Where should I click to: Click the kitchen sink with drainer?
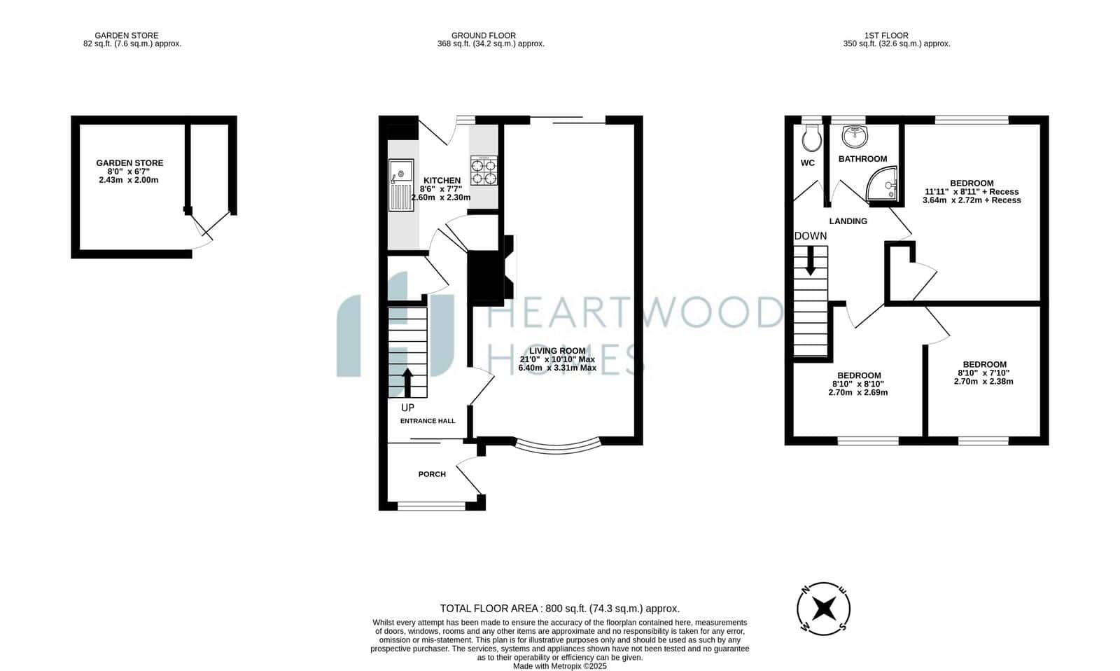[x=401, y=185]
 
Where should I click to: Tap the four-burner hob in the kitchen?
[x=484, y=171]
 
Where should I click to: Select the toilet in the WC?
[x=811, y=138]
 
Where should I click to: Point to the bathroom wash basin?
[x=855, y=136]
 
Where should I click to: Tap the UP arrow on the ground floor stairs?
[x=407, y=383]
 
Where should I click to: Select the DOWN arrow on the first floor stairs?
[x=811, y=261]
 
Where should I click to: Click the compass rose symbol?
[x=823, y=609]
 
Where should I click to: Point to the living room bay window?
[x=557, y=446]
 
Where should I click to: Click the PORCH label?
[x=432, y=474]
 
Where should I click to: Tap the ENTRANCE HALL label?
[x=428, y=421]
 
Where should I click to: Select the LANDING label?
[x=848, y=221]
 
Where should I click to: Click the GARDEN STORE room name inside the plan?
[x=129, y=163]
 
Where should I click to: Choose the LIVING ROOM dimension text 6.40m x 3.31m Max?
[x=557, y=368]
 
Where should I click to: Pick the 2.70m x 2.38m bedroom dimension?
[x=983, y=381]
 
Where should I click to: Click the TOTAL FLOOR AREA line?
[x=559, y=609]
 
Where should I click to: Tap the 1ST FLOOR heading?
[x=886, y=36]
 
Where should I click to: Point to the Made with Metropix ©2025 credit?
[x=559, y=666]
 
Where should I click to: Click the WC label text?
[x=808, y=163]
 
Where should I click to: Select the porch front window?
[x=431, y=506]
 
